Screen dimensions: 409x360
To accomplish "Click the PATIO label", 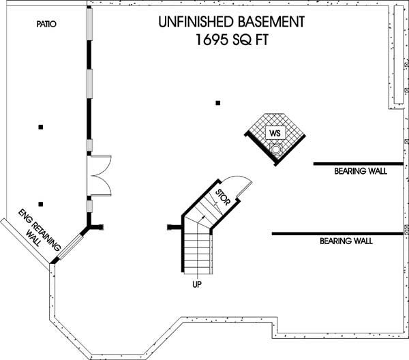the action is (x=46, y=24).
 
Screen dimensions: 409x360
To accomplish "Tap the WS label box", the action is (x=275, y=133).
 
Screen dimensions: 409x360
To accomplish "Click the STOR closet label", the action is (x=223, y=197).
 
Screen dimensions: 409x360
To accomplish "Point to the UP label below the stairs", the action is (x=197, y=284).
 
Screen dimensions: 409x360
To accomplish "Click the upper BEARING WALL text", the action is (x=361, y=171).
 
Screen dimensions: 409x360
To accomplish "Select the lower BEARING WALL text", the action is (x=346, y=241).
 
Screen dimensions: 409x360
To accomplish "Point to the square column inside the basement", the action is (x=218, y=103).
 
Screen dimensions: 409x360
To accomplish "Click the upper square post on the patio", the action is (x=41, y=127).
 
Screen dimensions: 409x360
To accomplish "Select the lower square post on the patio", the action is (x=41, y=204).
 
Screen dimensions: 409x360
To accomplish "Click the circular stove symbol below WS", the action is (x=275, y=149).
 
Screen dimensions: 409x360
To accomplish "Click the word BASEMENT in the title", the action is (x=271, y=22).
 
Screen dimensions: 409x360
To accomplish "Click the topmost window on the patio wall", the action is (x=89, y=24).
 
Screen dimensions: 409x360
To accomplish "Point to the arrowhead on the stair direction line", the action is (x=203, y=217).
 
